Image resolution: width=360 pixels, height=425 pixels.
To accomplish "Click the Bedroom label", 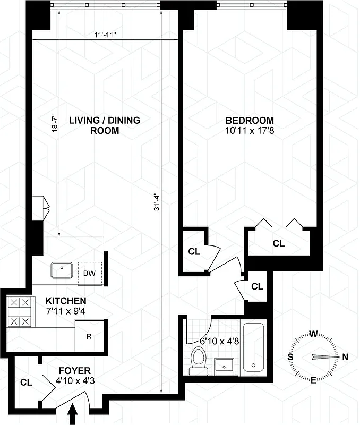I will [x=248, y=120].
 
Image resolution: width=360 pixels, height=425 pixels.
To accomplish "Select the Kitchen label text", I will [x=66, y=301].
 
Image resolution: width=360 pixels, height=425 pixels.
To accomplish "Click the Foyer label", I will [x=74, y=370].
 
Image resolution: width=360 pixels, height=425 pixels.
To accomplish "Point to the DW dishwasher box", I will [x=89, y=274].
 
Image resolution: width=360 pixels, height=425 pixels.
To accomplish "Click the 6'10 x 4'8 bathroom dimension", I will [x=218, y=341].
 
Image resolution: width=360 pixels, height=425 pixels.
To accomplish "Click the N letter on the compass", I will [x=345, y=357].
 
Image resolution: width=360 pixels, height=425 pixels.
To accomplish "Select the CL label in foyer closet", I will [x=26, y=381].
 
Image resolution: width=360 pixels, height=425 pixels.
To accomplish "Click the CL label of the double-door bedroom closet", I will [x=278, y=243].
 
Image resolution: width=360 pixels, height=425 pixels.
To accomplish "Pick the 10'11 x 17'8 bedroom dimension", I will [x=248, y=130].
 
